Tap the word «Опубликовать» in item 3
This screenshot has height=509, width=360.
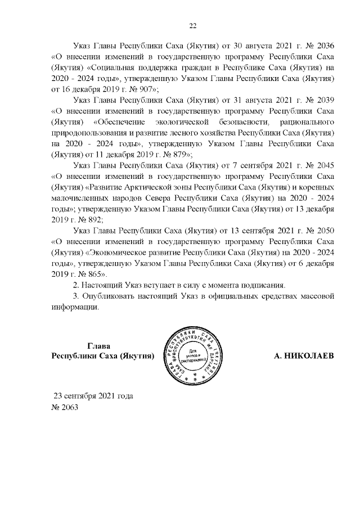pyautogui.click(x=110, y=296)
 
